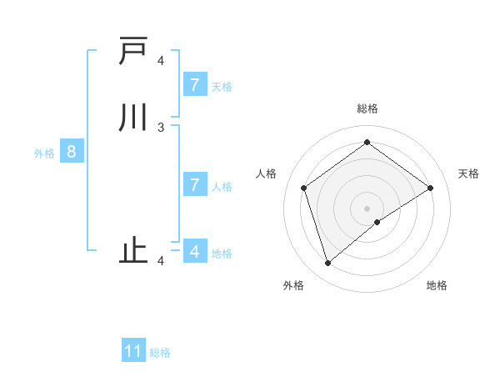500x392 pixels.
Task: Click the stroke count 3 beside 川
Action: (161, 128)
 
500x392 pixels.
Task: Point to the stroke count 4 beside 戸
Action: (161, 61)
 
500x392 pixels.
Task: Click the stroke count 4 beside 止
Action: (161, 261)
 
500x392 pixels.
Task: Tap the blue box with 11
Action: (133, 352)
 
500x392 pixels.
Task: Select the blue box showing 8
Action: (72, 153)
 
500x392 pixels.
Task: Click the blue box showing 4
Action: (194, 251)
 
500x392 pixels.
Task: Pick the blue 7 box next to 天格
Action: (194, 84)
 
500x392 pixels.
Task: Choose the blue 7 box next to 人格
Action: (194, 184)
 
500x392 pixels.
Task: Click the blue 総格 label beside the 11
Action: (160, 353)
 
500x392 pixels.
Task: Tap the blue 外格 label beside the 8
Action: (44, 153)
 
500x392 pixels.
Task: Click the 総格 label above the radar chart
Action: (367, 108)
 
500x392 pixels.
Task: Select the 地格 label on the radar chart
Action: (437, 285)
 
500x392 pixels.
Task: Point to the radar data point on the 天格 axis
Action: (430, 188)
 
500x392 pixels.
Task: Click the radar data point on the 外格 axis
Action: (327, 264)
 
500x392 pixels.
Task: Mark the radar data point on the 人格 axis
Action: (304, 188)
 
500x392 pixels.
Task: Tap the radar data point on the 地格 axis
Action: (377, 222)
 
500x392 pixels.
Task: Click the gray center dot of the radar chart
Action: (367, 208)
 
